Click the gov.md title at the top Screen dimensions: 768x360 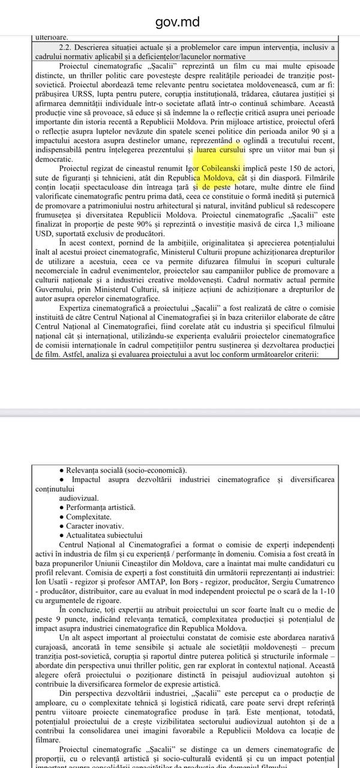[x=178, y=23]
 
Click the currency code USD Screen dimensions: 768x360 [x=45, y=232]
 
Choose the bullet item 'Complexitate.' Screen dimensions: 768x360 [x=88, y=517]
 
